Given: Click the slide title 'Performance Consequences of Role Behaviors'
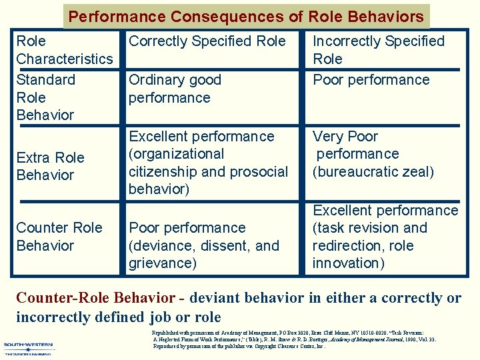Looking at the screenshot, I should (246, 17).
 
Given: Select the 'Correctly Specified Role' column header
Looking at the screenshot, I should (207, 41).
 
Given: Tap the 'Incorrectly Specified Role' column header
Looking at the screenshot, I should (378, 50).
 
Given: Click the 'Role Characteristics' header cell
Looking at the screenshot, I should (64, 50).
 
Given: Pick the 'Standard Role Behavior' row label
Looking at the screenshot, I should (45, 97).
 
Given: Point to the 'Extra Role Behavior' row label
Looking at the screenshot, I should (50, 167).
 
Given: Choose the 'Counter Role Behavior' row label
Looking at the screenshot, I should (59, 237).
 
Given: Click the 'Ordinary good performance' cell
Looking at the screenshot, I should (175, 89).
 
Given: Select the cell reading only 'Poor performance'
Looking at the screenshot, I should (371, 80).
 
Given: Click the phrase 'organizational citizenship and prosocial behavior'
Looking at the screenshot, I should (208, 172).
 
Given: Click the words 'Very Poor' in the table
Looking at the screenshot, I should (345, 137).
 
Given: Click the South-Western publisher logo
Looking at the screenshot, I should (29, 349).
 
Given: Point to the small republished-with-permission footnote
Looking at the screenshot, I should (294, 339).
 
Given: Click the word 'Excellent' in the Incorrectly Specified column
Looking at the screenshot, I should (344, 211).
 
